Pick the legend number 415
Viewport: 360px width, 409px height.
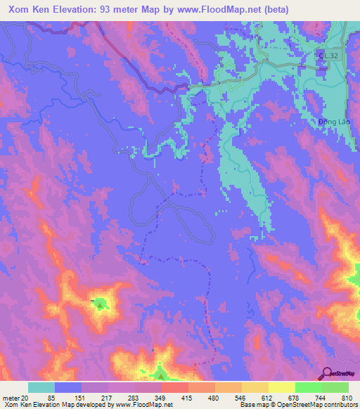[188, 398]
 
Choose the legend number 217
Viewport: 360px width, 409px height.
[108, 398]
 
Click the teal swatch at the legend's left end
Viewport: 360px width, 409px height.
[41, 387]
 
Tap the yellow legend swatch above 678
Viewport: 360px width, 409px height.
[281, 387]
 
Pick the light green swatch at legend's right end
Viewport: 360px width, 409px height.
[335, 387]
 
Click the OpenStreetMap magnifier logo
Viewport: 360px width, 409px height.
[328, 372]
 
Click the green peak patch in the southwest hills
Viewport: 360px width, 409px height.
[101, 304]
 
